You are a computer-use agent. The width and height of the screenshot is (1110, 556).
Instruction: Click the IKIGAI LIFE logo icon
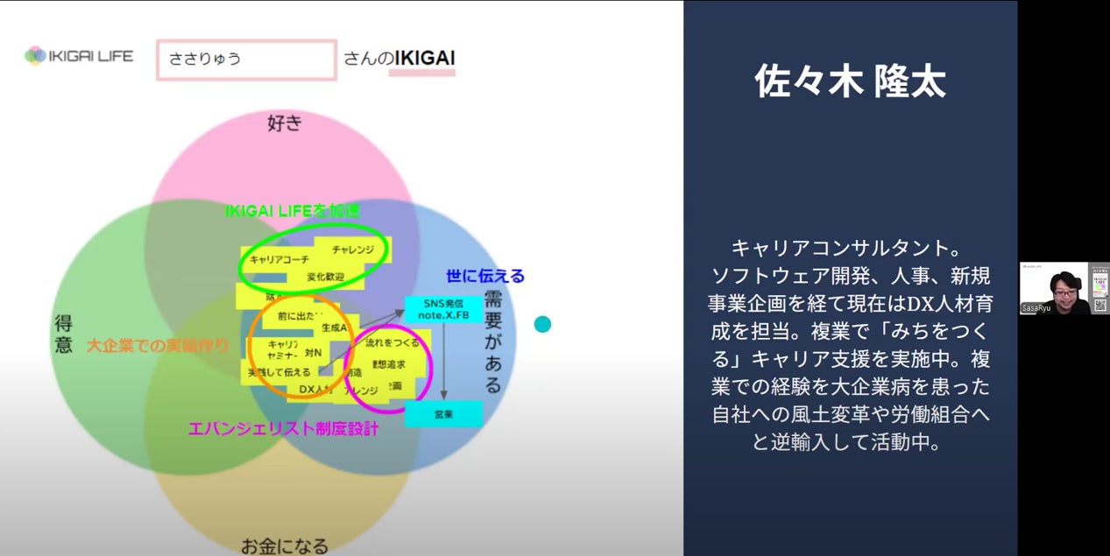coord(35,56)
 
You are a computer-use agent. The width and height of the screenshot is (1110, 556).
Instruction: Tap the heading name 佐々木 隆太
coord(850,82)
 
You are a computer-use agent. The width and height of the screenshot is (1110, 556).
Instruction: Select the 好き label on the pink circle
coord(284,123)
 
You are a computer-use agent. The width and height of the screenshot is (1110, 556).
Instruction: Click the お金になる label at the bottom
coord(285,546)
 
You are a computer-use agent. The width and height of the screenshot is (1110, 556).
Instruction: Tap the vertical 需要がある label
coord(492,341)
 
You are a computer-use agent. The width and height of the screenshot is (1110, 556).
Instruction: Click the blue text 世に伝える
coord(484,276)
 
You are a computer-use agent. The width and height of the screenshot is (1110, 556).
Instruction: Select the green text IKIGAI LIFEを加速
coord(292,211)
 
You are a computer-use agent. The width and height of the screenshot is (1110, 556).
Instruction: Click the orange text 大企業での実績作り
coord(158,346)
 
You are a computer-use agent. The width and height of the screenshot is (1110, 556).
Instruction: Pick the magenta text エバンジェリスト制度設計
coord(284,429)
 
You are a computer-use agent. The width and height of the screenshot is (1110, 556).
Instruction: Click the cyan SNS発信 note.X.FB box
coord(443,309)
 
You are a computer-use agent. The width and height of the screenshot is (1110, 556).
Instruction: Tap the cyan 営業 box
coord(443,413)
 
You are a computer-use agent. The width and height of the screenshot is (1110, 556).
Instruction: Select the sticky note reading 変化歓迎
coord(325,277)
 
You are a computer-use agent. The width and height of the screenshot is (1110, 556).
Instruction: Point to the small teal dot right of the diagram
coord(542,325)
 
